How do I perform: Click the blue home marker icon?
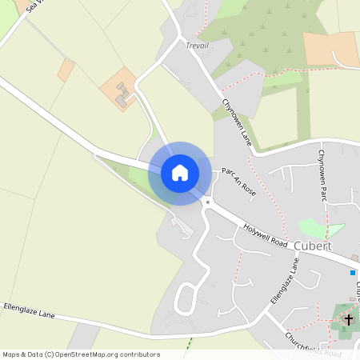pyautogui.click(x=180, y=173)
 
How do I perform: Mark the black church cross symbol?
pyautogui.click(x=348, y=320)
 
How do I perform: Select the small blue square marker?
pyautogui.click(x=352, y=273)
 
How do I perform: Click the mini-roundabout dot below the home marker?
pyautogui.click(x=206, y=203)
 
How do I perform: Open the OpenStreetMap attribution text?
pyautogui.click(x=81, y=354)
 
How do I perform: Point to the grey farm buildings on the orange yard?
pyautogui.click(x=122, y=98)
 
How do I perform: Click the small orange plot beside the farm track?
pyautogui.click(x=66, y=70)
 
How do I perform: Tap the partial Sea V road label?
pyautogui.click(x=34, y=7)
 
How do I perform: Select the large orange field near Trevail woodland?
pyautogui.click(x=330, y=48)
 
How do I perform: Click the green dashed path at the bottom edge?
pyautogui.click(x=190, y=348)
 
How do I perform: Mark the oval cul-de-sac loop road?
pyautogui.click(x=186, y=298)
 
